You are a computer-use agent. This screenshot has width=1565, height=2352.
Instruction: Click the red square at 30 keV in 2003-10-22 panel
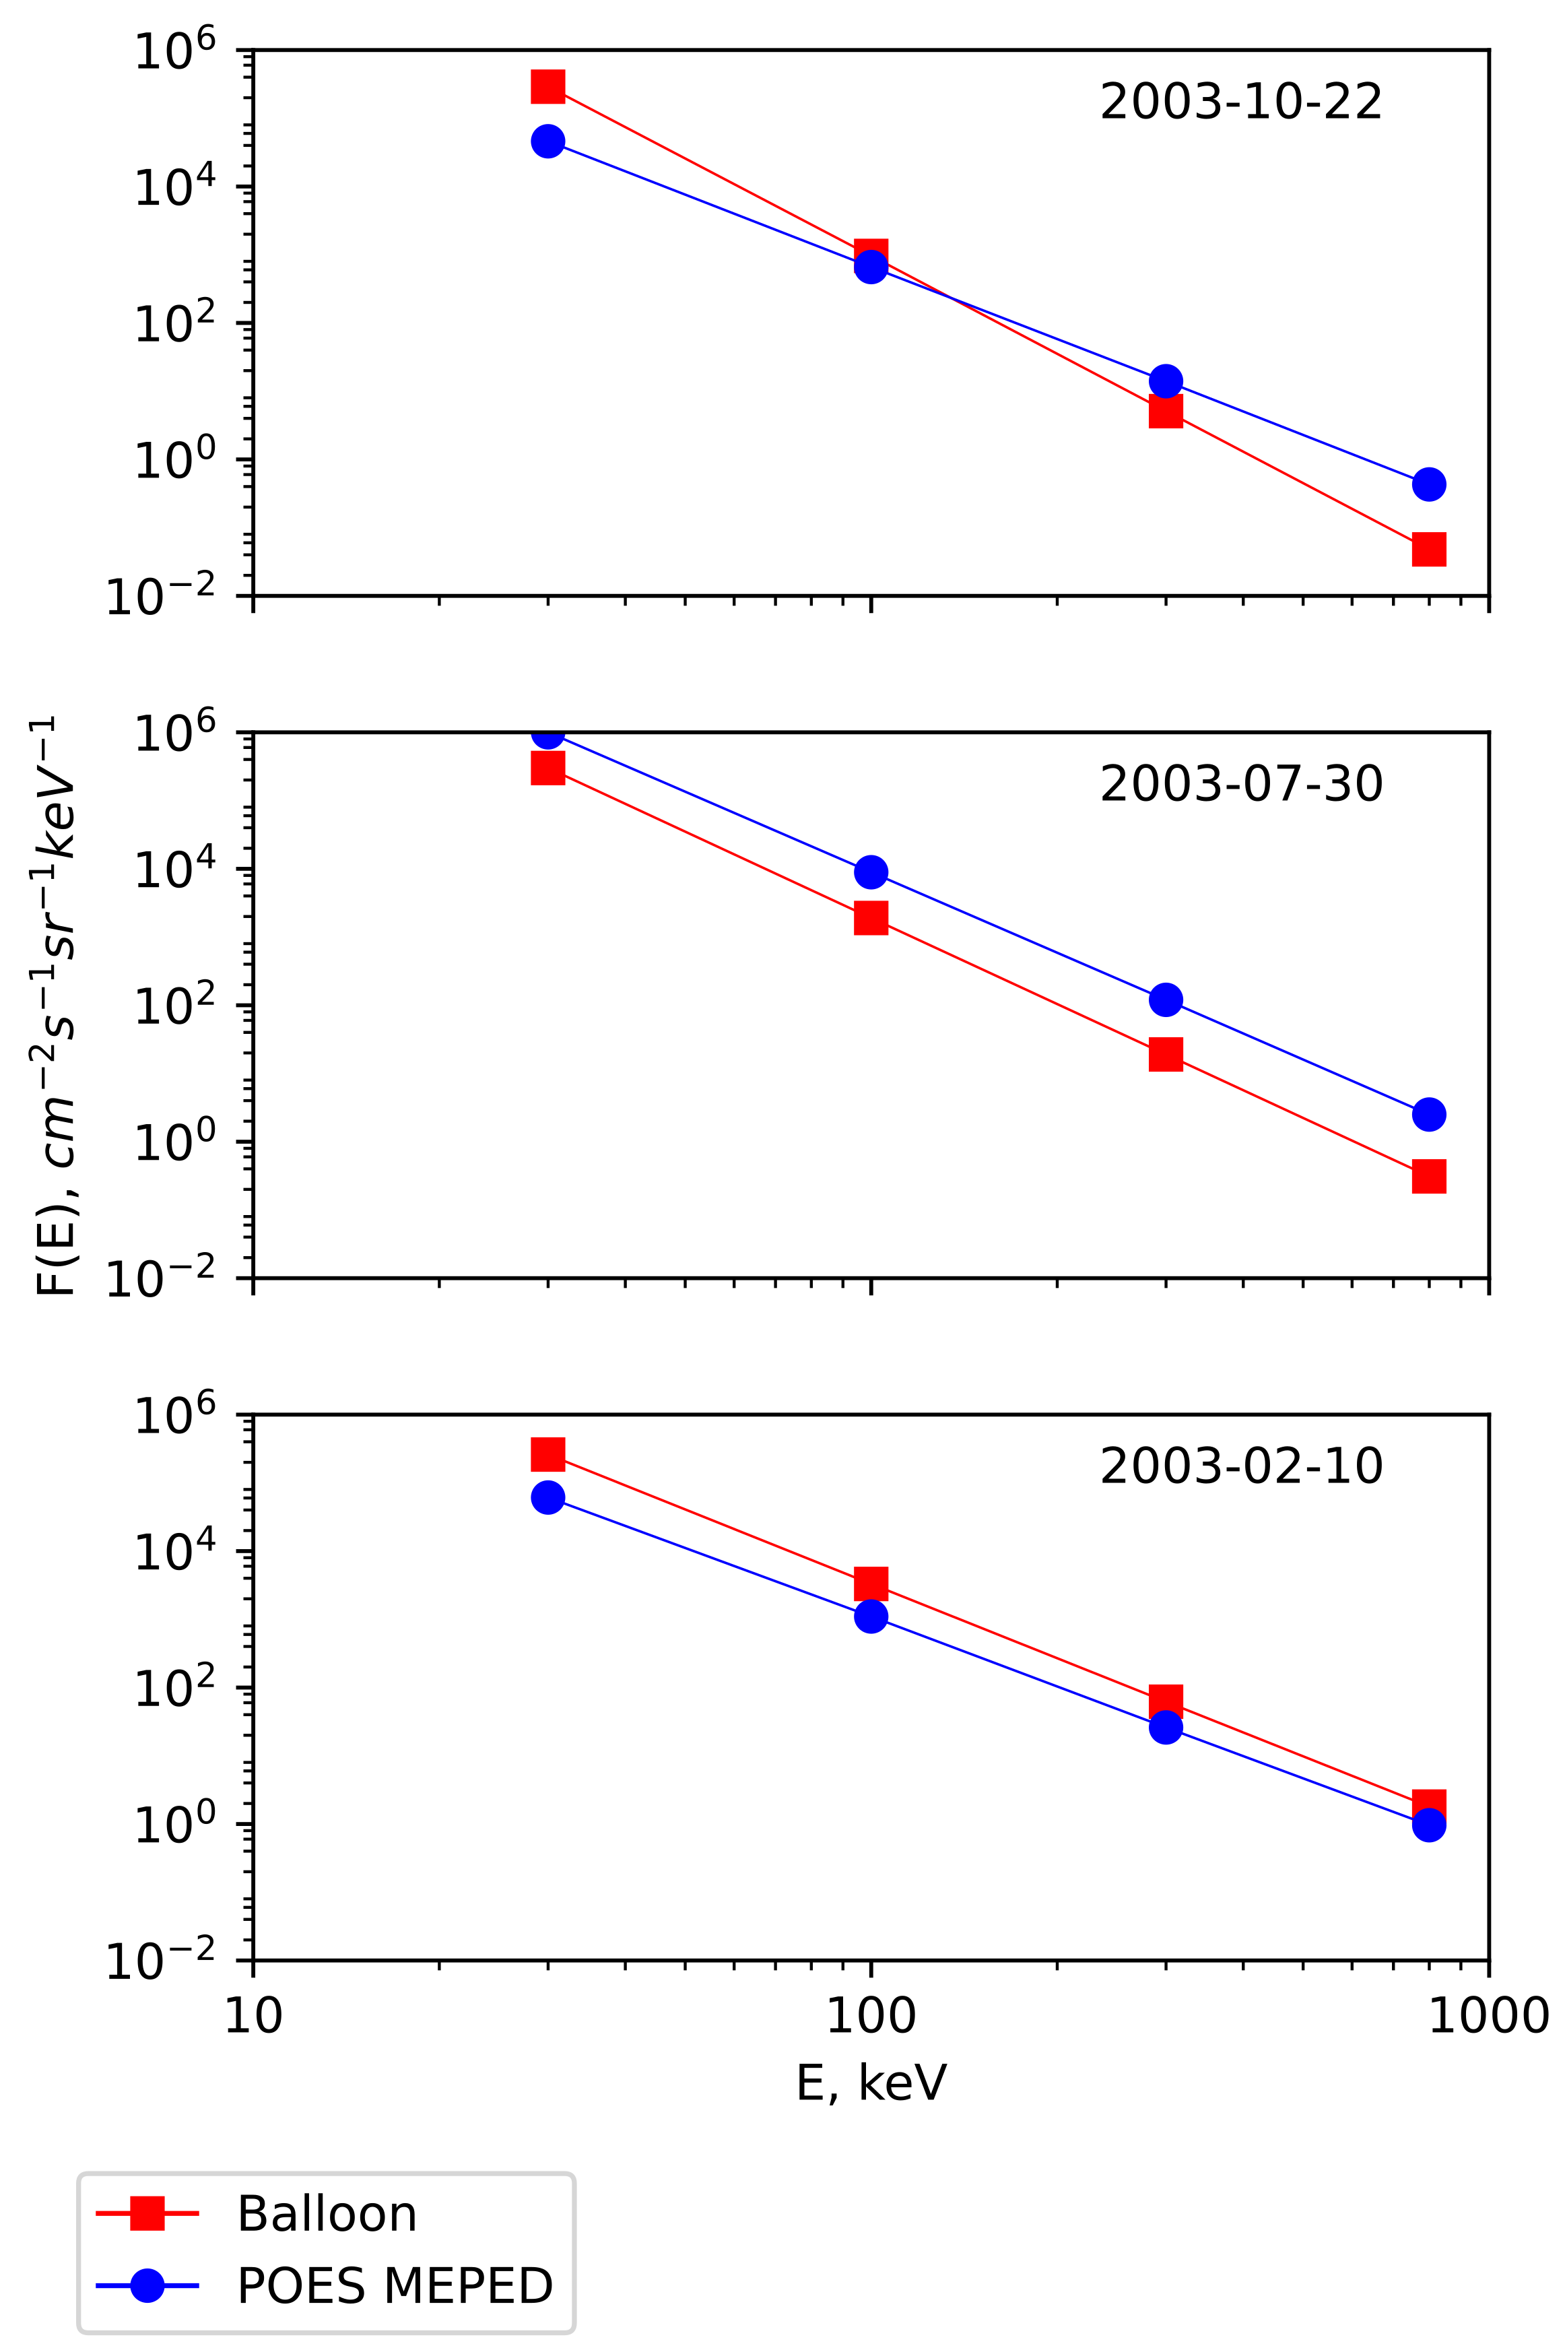point(547,86)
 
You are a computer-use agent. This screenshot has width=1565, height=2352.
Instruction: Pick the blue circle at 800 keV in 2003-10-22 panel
point(1428,484)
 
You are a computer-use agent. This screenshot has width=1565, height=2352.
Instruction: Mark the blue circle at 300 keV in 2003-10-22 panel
point(1165,381)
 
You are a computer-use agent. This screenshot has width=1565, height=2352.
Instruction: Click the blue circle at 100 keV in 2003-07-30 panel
point(870,872)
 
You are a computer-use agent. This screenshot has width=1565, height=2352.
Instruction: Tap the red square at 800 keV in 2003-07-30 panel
point(1428,1176)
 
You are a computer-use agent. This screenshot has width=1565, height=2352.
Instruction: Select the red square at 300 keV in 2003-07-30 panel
point(1165,1054)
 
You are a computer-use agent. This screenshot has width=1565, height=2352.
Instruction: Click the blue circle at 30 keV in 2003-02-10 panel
point(547,1497)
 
